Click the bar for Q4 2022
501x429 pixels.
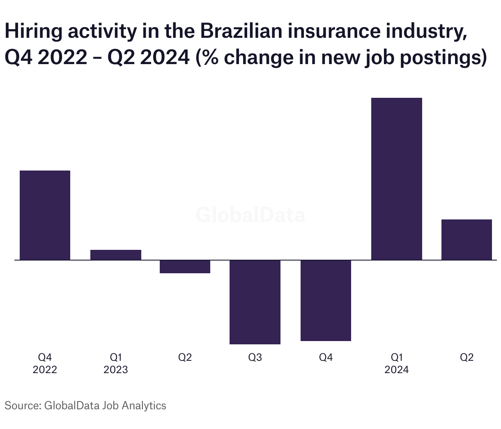(45, 215)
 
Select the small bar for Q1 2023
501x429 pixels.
(115, 255)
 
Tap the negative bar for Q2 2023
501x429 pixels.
(185, 267)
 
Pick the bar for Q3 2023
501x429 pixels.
(255, 302)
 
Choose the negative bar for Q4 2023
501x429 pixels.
(326, 300)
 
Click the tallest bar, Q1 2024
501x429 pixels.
(396, 179)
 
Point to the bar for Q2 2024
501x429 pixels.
(467, 240)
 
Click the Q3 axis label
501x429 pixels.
(255, 357)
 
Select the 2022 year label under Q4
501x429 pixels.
(45, 370)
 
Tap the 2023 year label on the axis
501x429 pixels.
(115, 370)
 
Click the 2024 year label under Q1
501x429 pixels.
(396, 370)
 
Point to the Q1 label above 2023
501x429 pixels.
(115, 357)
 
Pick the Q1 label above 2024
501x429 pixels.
(396, 357)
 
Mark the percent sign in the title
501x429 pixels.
(210, 58)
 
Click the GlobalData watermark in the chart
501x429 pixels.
(250, 215)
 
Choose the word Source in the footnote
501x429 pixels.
(21, 406)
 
